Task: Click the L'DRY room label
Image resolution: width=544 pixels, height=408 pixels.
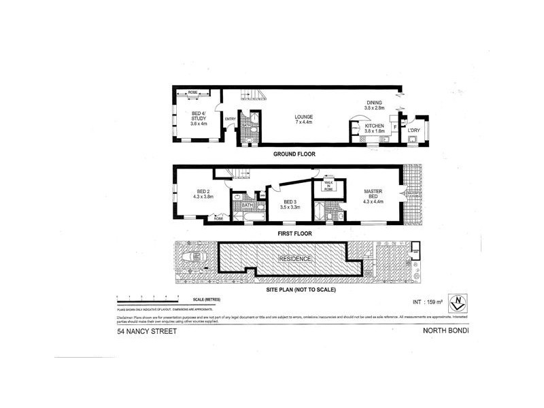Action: (x=415, y=130)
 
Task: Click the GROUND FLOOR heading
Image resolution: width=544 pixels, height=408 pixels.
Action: (x=294, y=154)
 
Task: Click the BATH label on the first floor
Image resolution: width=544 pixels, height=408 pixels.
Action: (x=248, y=205)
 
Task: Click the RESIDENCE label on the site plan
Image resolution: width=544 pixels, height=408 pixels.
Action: (x=295, y=259)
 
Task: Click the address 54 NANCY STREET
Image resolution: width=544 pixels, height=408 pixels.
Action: (x=147, y=331)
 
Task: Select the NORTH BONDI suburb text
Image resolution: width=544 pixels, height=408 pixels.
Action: (x=446, y=331)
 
